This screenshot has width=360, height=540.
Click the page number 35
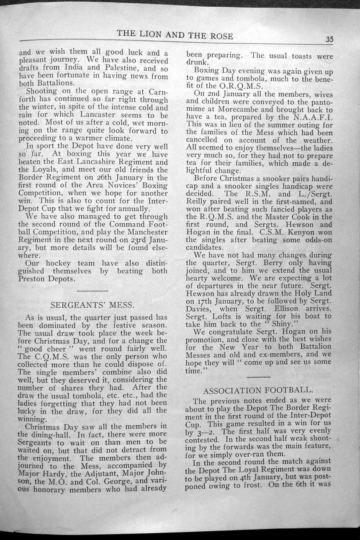click(329, 39)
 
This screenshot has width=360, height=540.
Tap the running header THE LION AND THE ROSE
click(175, 36)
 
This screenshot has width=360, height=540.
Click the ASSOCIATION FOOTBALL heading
click(257, 391)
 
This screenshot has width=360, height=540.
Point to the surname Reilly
click(200, 201)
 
